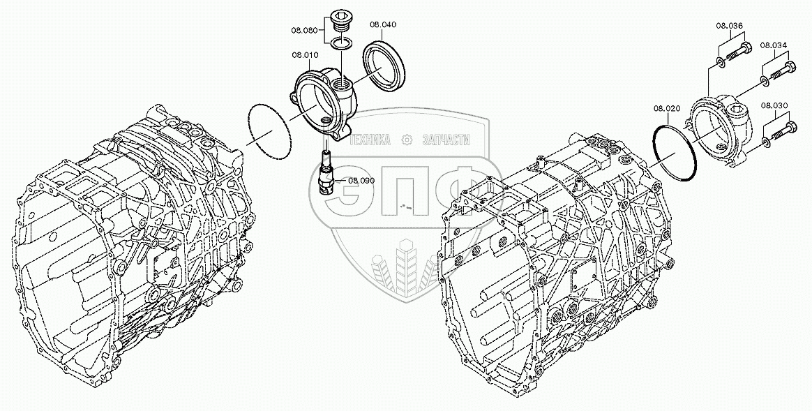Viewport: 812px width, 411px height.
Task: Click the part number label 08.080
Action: pyautogui.click(x=305, y=31)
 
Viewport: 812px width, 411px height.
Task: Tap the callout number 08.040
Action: pyautogui.click(x=383, y=24)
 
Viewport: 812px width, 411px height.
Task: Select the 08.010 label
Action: pyautogui.click(x=305, y=54)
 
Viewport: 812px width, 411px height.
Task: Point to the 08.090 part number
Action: pyautogui.click(x=361, y=181)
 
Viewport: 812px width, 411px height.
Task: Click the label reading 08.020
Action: pyautogui.click(x=667, y=108)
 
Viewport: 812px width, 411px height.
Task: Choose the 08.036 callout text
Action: pyautogui.click(x=729, y=27)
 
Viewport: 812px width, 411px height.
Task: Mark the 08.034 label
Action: pyautogui.click(x=774, y=45)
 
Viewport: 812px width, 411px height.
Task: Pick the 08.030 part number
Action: pyautogui.click(x=774, y=106)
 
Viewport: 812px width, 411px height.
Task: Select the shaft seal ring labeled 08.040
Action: pyautogui.click(x=383, y=66)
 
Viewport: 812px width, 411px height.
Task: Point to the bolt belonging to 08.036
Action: pyautogui.click(x=738, y=50)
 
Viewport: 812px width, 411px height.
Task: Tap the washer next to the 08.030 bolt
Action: pyautogui.click(x=767, y=143)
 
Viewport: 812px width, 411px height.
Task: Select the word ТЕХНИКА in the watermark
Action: pyautogui.click(x=370, y=140)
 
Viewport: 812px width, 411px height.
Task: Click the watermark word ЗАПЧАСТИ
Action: pyautogui.click(x=446, y=140)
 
